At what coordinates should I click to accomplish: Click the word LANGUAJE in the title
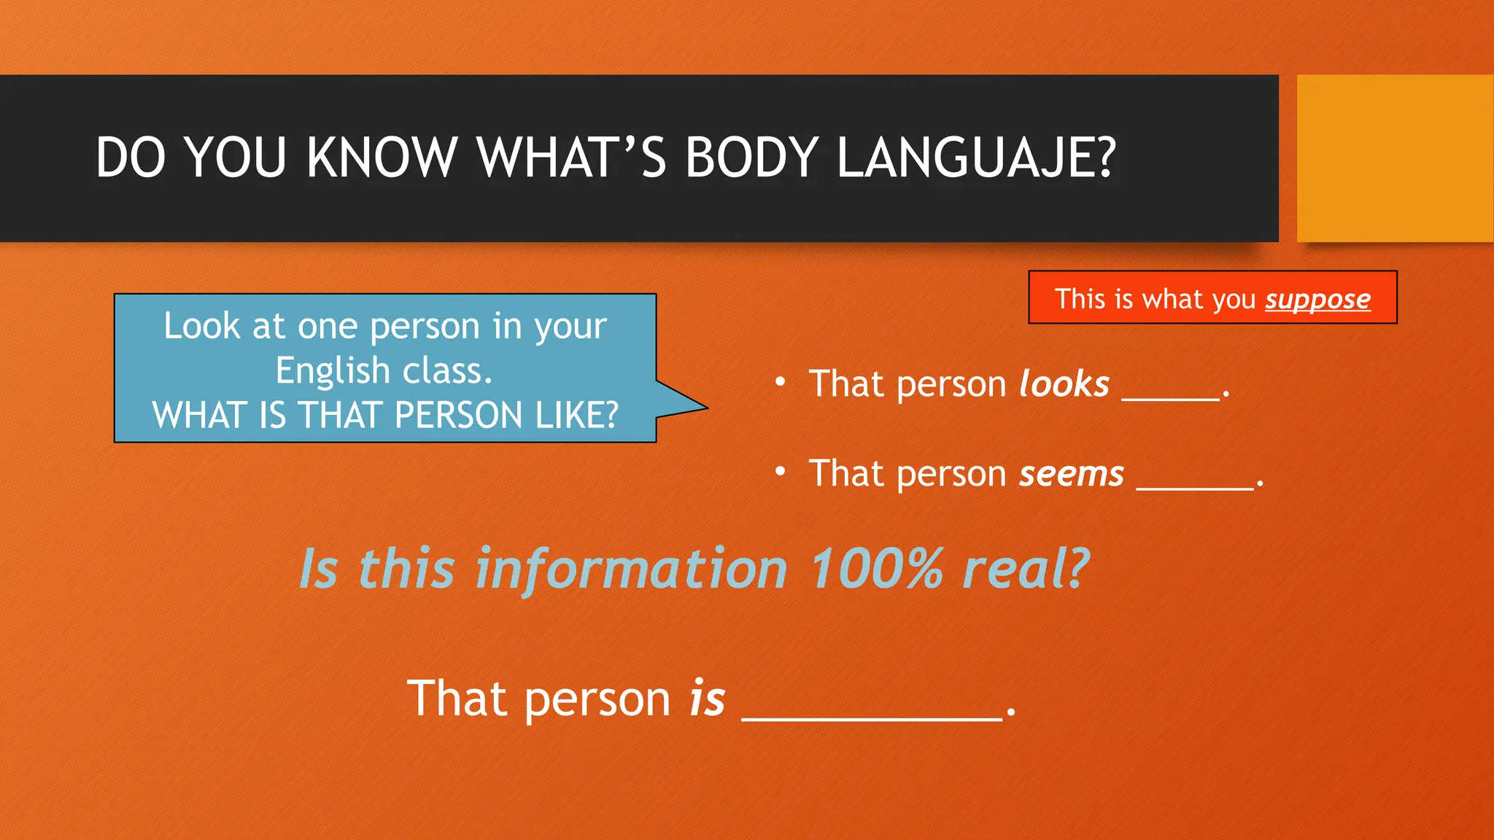point(976,157)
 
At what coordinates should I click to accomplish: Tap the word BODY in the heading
point(752,157)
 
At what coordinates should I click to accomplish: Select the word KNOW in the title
point(382,157)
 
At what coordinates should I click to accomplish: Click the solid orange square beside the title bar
point(1394,157)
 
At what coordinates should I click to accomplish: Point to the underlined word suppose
point(1317,300)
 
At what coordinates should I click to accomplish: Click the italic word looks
point(1064,384)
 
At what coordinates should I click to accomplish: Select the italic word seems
point(1072,474)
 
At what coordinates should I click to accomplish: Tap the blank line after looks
point(1170,398)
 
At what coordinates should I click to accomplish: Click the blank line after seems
point(1194,488)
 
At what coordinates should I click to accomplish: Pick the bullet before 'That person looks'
point(780,382)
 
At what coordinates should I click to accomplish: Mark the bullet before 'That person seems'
point(780,472)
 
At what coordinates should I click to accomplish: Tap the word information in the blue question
point(631,569)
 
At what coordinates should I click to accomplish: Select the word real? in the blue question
point(1026,569)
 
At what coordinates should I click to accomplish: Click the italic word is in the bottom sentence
point(707,699)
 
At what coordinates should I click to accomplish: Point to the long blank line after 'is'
point(872,718)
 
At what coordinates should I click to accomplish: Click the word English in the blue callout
point(333,371)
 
